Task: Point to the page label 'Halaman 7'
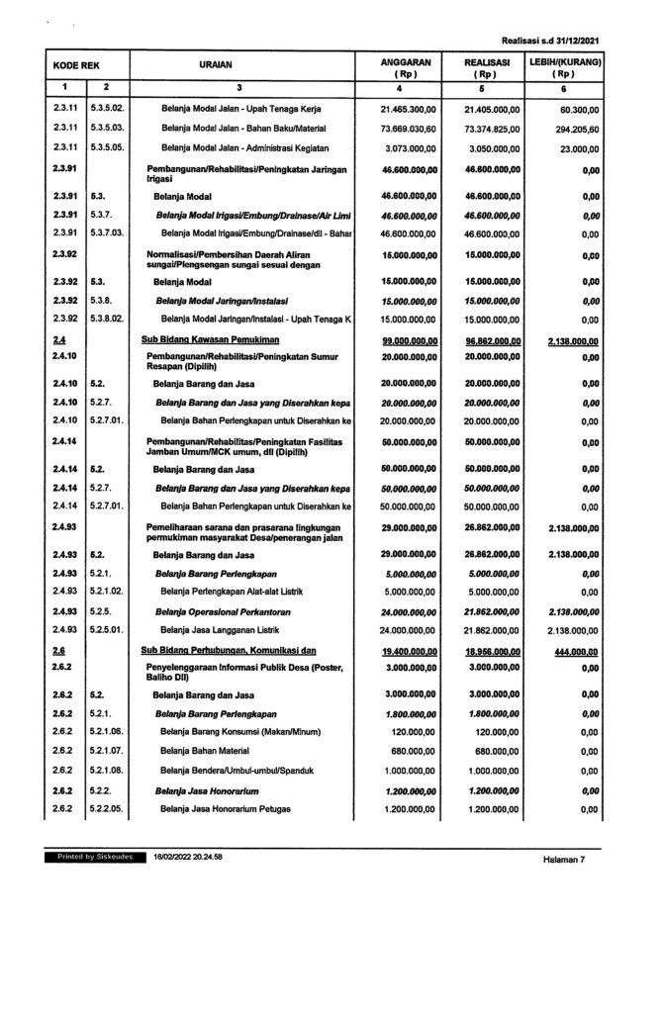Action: coord(565,860)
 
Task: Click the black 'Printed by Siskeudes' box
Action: coord(89,855)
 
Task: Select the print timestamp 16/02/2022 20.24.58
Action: coord(188,855)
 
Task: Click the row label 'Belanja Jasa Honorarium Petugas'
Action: coord(225,810)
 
